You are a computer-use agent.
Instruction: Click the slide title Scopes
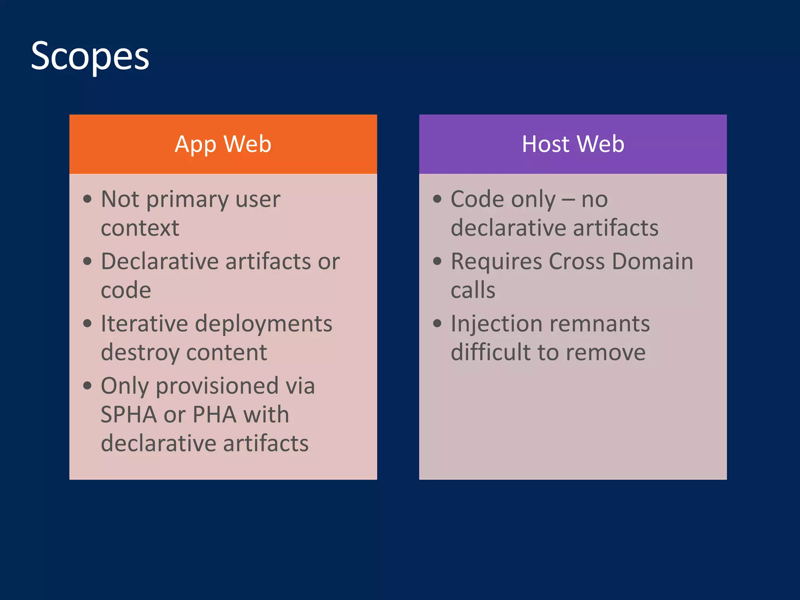pyautogui.click(x=90, y=57)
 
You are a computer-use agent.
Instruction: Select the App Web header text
pyautogui.click(x=223, y=144)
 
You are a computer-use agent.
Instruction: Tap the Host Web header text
pyautogui.click(x=573, y=144)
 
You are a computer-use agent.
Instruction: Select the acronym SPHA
pyautogui.click(x=129, y=414)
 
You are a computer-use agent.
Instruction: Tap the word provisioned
pyautogui.click(x=217, y=386)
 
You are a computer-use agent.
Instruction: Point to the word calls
pyautogui.click(x=473, y=290)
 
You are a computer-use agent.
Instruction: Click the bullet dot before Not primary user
pyautogui.click(x=87, y=199)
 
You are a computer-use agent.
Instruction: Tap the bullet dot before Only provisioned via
pyautogui.click(x=87, y=386)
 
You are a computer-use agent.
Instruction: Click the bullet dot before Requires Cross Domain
pyautogui.click(x=437, y=261)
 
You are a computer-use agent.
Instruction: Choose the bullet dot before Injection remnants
pyautogui.click(x=437, y=323)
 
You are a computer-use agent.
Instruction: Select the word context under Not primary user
pyautogui.click(x=140, y=228)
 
